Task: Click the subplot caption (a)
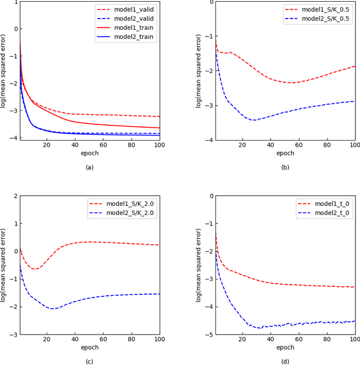point(89,167)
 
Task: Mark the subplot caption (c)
point(89,362)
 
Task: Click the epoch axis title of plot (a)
point(89,153)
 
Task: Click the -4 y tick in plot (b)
point(209,140)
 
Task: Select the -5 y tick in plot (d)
point(209,335)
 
